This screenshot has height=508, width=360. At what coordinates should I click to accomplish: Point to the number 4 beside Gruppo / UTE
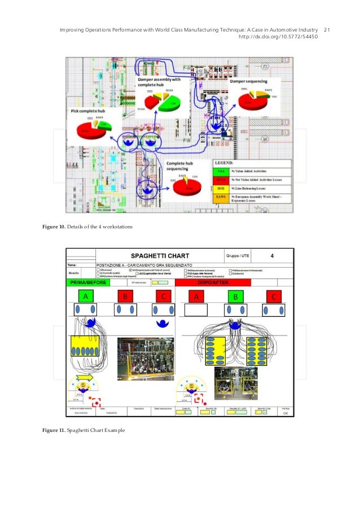273,255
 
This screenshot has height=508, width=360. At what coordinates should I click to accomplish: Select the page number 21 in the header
327,29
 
